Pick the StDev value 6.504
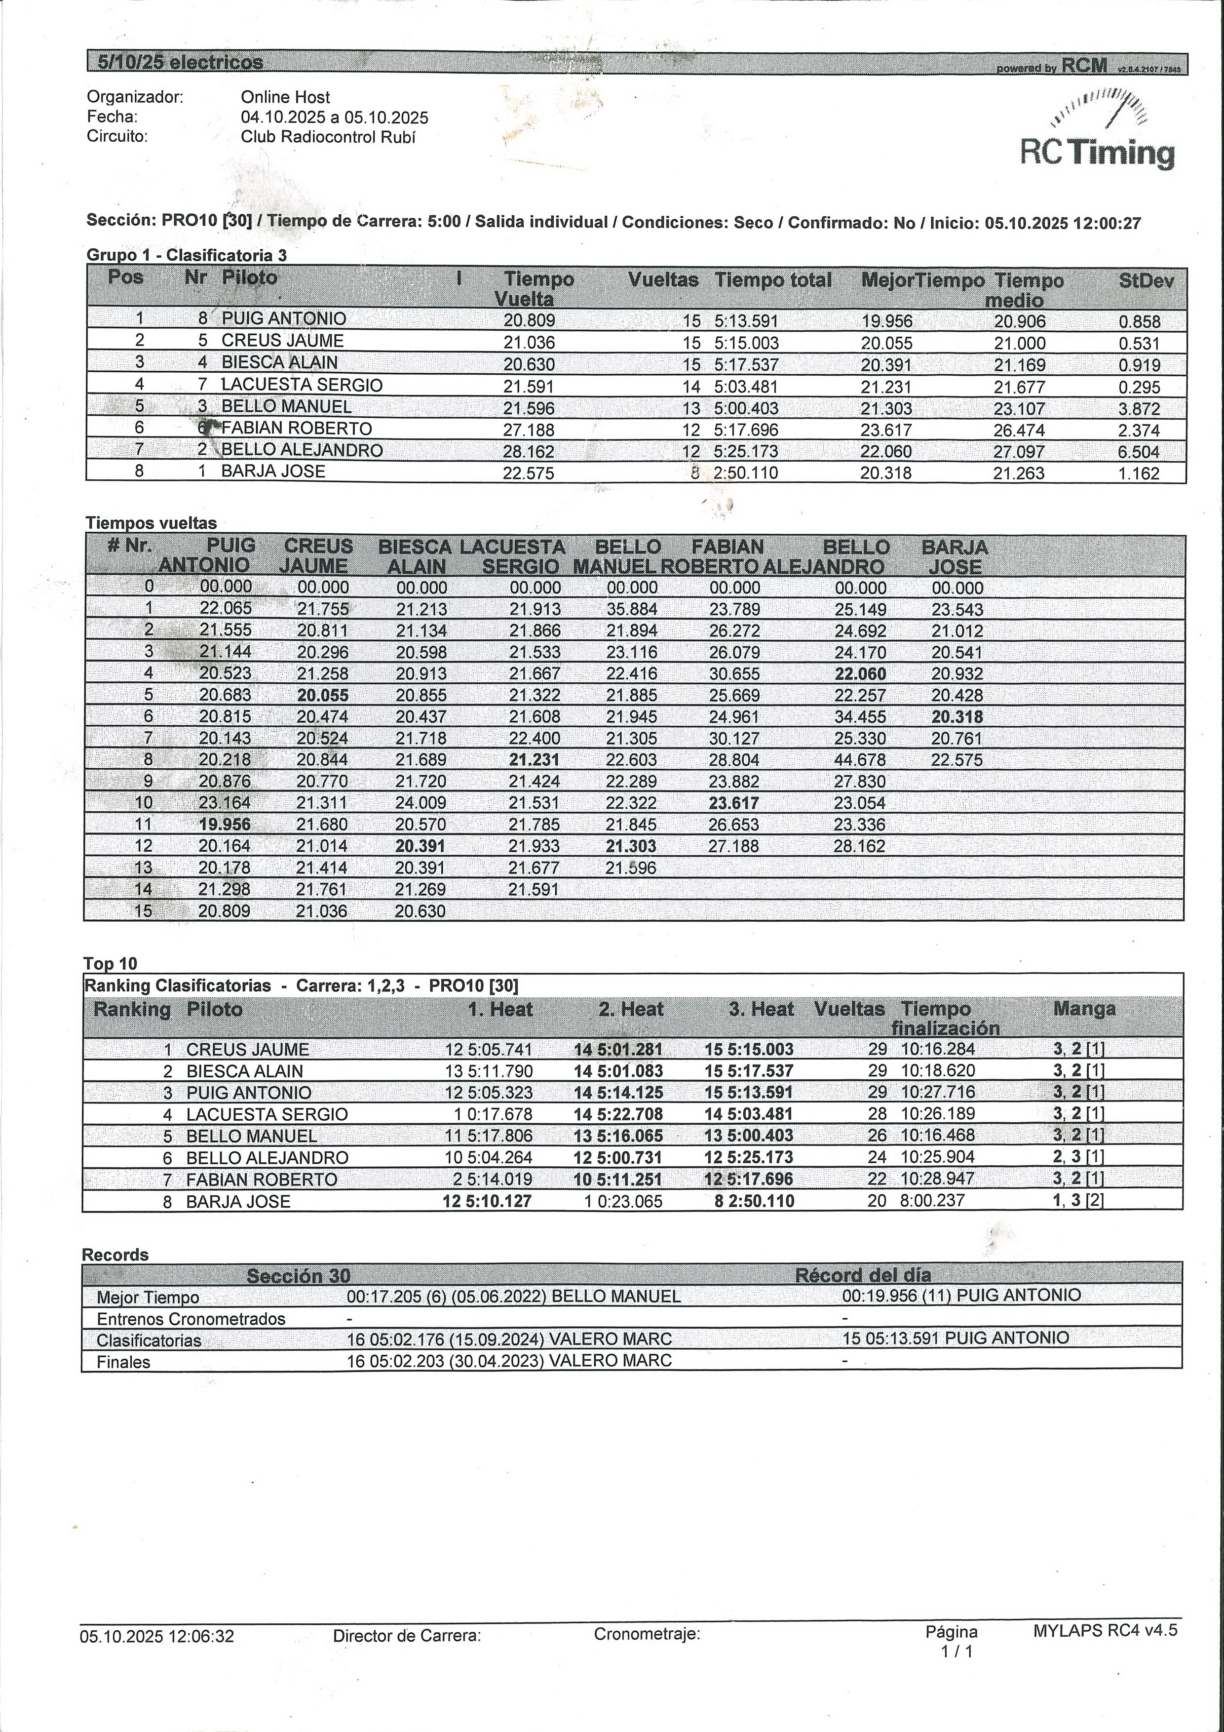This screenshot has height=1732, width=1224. point(1139,452)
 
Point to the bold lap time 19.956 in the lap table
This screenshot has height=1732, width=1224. point(225,825)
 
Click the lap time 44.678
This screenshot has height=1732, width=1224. point(859,760)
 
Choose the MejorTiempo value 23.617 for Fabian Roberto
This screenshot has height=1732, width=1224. point(885,430)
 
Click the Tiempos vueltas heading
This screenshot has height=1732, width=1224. point(151,523)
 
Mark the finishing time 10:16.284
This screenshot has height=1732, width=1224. point(937,1049)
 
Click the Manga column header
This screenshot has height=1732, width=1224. point(1084,1009)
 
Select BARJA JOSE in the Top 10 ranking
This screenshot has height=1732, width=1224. point(237,1202)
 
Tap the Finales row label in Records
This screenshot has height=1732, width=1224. point(124,1362)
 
